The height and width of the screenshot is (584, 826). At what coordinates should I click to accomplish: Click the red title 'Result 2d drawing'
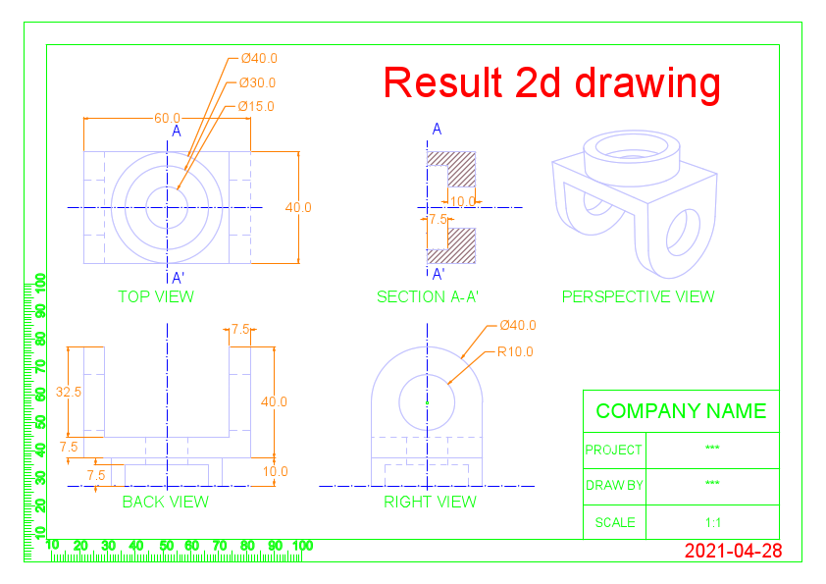point(551,82)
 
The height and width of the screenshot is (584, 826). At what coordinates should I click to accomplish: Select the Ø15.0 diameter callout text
point(256,106)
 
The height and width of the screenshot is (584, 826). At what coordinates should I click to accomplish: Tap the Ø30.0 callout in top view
point(257,82)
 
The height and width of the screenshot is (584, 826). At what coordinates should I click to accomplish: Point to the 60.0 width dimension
point(167,118)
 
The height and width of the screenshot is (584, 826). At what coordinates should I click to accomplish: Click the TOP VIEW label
point(156,296)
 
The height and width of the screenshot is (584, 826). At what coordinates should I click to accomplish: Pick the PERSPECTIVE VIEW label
point(638,296)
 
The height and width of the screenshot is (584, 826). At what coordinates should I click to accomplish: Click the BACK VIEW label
point(165,502)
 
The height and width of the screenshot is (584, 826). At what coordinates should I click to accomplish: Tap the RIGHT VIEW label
point(430,502)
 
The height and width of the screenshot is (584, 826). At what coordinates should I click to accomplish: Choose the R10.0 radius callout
point(515,351)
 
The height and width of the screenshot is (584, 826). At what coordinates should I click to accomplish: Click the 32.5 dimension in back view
point(69,391)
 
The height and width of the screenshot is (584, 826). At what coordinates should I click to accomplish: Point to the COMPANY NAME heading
point(681,411)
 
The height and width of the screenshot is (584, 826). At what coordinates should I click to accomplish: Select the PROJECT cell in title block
point(613,451)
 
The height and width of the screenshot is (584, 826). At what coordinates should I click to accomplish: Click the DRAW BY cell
point(614,485)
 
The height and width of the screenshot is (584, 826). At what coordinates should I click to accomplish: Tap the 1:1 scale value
point(713,522)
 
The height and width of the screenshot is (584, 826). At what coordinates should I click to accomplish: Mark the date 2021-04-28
point(733,551)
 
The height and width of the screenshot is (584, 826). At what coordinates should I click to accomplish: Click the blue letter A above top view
point(177,131)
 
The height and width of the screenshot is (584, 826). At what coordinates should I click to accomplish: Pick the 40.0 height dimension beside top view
point(298,207)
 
